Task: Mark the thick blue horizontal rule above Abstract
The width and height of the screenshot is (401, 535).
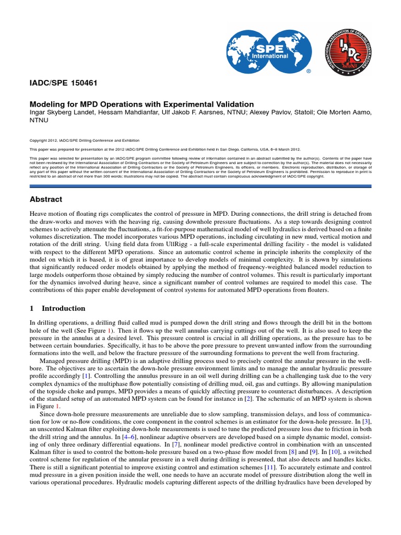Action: click(200, 185)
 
